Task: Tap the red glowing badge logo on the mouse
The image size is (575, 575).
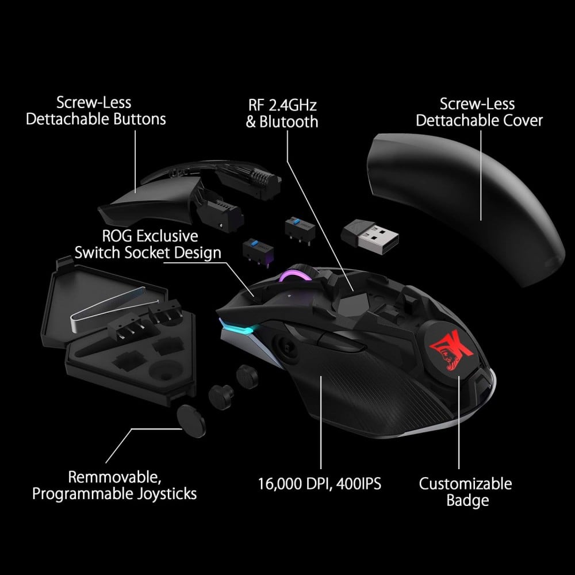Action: (452, 350)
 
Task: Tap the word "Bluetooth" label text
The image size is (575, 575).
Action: (289, 122)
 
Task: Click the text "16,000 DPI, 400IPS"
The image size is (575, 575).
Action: (319, 484)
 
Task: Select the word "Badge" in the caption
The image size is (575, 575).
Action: (467, 501)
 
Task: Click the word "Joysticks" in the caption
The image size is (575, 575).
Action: (167, 494)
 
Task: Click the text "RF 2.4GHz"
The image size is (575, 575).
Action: (282, 105)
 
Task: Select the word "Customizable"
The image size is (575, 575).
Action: (465, 484)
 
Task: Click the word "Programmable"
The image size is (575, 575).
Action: (83, 494)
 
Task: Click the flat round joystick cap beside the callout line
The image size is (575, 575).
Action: (191, 421)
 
